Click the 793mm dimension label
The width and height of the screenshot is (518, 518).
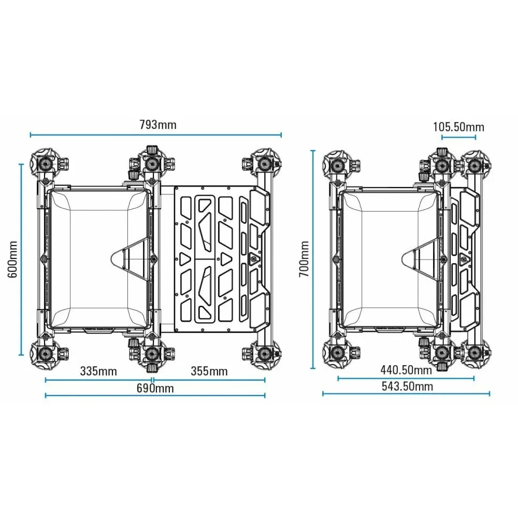pyautogui.click(x=158, y=125)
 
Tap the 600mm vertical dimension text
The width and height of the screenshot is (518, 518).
pyautogui.click(x=12, y=260)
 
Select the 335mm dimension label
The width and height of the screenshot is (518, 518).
pyautogui.click(x=98, y=371)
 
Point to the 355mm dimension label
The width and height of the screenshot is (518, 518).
pyautogui.click(x=209, y=371)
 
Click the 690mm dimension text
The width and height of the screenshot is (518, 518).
pyautogui.click(x=155, y=388)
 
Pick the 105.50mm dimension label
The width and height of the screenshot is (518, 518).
pyautogui.click(x=458, y=127)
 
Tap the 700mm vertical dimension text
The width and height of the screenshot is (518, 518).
pyautogui.click(x=304, y=259)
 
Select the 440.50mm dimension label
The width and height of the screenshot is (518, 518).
pyautogui.click(x=406, y=370)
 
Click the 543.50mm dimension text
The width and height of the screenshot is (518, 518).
pyautogui.click(x=407, y=386)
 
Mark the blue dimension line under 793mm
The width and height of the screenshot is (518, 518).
pyautogui.click(x=155, y=135)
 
